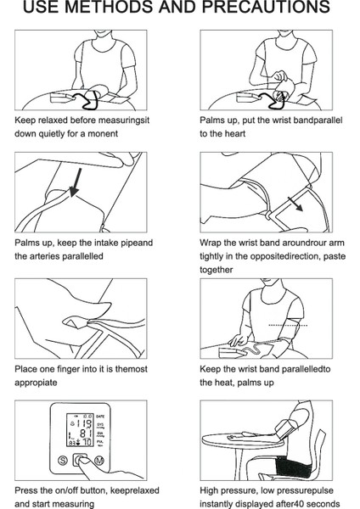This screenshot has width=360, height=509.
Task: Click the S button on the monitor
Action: (63, 460)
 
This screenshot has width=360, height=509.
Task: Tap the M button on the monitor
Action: (99, 460)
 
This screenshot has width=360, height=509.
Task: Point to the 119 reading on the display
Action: (84, 423)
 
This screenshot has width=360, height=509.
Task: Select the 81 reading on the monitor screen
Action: (86, 433)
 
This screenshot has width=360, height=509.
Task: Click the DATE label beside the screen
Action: (100, 417)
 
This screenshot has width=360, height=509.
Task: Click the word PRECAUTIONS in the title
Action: (266, 7)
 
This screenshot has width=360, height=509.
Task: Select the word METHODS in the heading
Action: (112, 7)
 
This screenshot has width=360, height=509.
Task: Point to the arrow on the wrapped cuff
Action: (295, 204)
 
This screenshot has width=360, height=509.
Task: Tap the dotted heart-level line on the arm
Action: (288, 325)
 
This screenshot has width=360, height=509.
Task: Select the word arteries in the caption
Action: (45, 256)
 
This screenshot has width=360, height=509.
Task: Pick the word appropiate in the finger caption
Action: (36, 383)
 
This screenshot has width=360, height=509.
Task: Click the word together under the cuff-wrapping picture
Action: (216, 270)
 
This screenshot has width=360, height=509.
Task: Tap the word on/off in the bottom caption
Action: (66, 490)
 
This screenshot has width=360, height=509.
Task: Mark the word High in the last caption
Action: (208, 490)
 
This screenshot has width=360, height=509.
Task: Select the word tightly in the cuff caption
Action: (211, 256)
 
